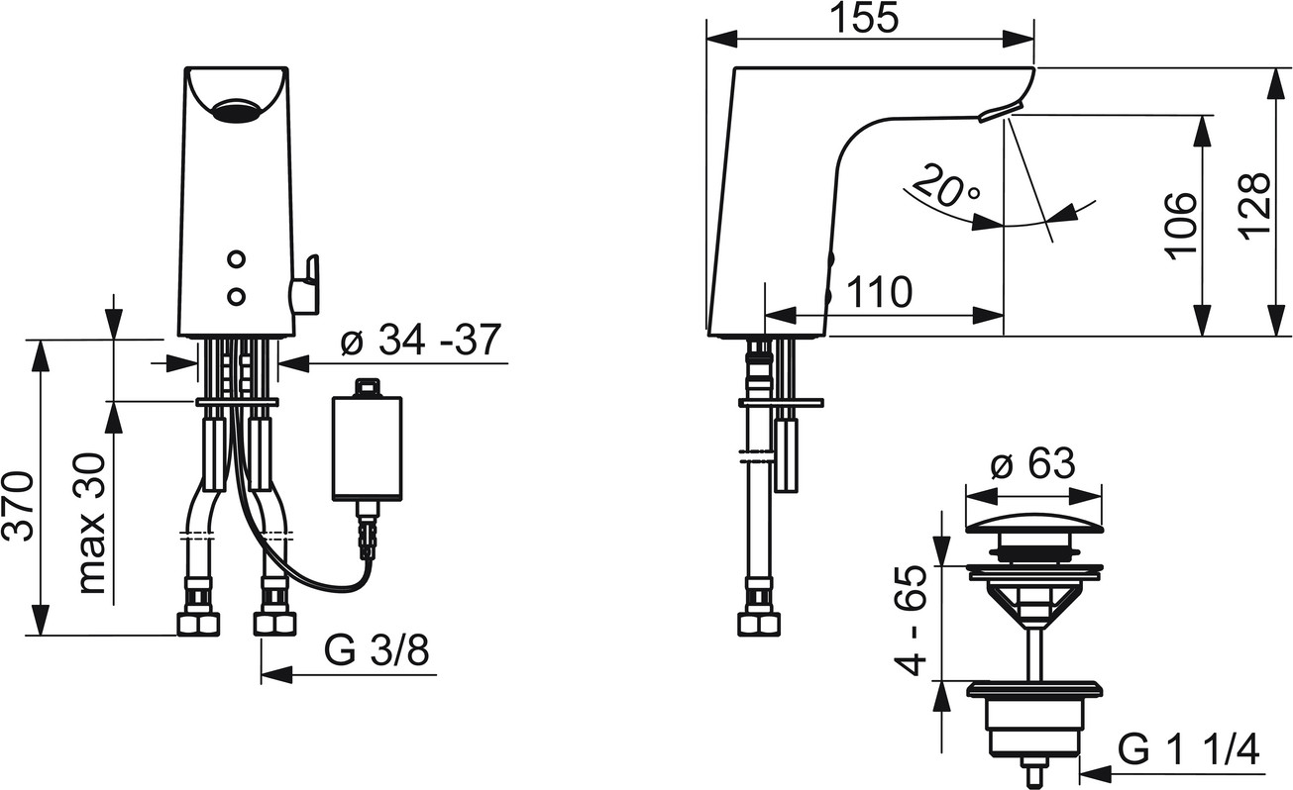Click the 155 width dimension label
[x=864, y=18]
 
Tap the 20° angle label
[x=946, y=187]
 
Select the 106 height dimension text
[x=1180, y=226]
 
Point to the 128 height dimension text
[x=1253, y=203]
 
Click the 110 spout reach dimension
[x=880, y=292]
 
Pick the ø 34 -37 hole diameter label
[x=420, y=340]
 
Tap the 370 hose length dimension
[x=19, y=506]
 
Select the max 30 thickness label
[x=91, y=523]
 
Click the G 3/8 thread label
[x=377, y=651]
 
